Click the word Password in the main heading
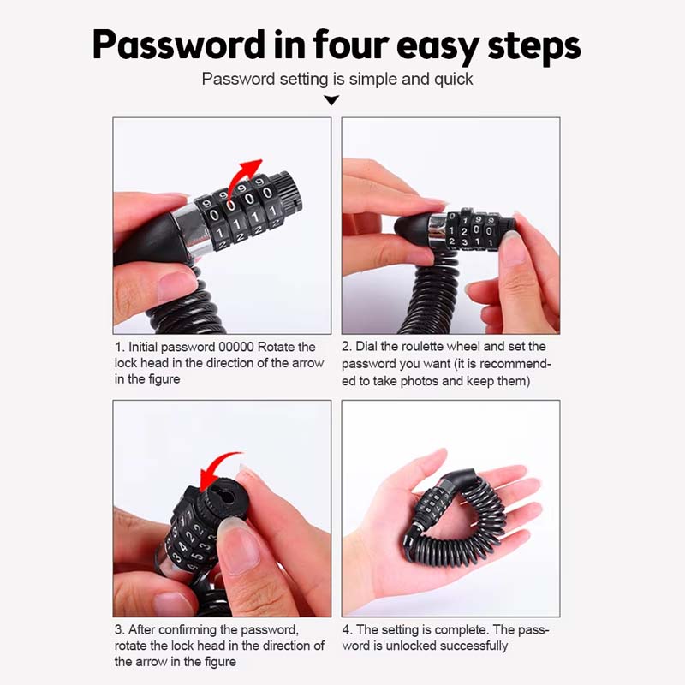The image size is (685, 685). point(178,45)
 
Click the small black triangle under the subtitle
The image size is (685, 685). point(331,100)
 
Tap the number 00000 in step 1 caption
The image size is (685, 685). point(236,347)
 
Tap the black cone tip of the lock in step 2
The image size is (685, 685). point(412,226)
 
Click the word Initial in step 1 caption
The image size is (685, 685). point(143,347)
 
